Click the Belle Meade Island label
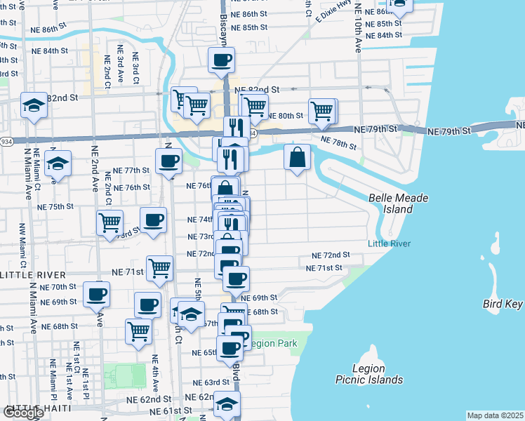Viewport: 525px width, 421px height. [x=398, y=203]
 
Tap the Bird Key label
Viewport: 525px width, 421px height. [x=503, y=304]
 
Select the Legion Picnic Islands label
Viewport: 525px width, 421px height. [x=368, y=374]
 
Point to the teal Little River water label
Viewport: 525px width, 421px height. [x=388, y=243]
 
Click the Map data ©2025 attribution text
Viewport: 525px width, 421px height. [x=496, y=415]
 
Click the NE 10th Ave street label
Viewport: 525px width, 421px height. [x=358, y=35]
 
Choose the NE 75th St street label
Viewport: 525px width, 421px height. [x=55, y=207]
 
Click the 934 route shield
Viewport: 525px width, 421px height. [x=4, y=141]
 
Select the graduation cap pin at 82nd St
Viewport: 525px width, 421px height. [x=33, y=105]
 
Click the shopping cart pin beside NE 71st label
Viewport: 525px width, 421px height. [x=160, y=267]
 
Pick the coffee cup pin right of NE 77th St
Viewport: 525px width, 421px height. [x=168, y=160]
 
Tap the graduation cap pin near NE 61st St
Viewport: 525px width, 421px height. [x=226, y=403]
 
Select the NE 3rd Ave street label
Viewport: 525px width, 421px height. [x=121, y=62]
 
